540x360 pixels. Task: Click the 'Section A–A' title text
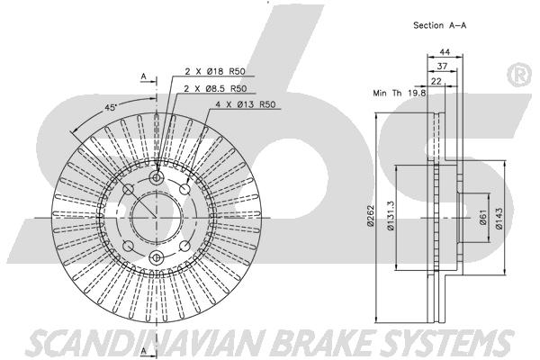pos(440,25)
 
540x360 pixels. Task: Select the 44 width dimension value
pos(445,52)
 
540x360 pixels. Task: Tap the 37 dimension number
pos(442,66)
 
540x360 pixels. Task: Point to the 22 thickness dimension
pos(436,81)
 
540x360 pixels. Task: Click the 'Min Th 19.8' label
pos(400,93)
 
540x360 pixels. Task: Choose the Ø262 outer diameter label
pos(371,216)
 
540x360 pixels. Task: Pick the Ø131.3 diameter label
pos(391,216)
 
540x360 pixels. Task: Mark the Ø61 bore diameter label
pos(482,218)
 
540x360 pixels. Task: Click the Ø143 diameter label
pos(499,218)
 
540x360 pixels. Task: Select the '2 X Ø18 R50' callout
pos(215,71)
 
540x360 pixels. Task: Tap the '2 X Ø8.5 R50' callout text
pos(215,88)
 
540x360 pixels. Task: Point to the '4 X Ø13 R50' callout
pos(246,104)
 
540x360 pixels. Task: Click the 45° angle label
pos(110,107)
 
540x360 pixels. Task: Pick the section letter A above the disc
pos(144,76)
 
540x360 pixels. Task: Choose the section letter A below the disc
pos(144,351)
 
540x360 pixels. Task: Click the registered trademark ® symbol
pos(519,76)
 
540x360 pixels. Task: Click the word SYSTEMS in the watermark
pos(449,343)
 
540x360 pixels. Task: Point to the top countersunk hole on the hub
pos(157,178)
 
